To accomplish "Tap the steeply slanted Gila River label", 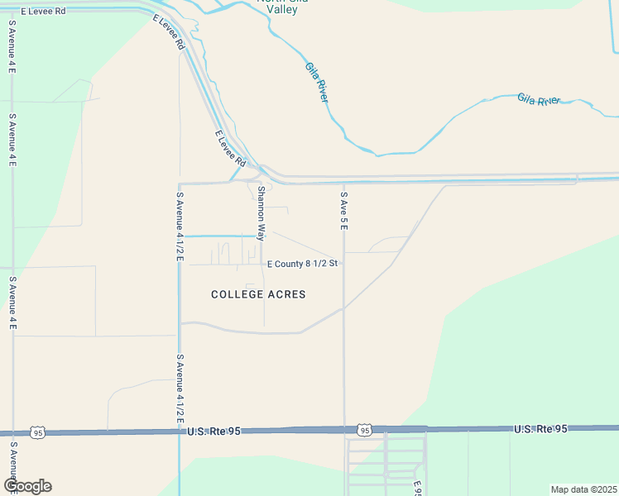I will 316,81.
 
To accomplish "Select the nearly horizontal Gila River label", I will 539,99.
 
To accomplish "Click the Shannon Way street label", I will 261,213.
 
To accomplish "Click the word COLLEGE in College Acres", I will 238,294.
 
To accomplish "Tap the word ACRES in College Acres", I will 286,294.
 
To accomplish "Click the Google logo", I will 27,486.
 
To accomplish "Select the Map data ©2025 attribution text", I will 583,489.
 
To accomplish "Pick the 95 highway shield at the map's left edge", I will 37,432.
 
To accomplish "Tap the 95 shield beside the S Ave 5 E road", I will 364,430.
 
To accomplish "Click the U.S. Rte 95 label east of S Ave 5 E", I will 540,429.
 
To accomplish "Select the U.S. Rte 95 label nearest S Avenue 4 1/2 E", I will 214,432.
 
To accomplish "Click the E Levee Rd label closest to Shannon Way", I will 230,147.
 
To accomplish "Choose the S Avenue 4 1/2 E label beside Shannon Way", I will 179,227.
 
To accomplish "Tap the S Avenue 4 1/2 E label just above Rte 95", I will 179,389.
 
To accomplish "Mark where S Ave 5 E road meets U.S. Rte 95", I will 345,430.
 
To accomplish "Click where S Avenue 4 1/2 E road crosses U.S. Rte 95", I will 179,432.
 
